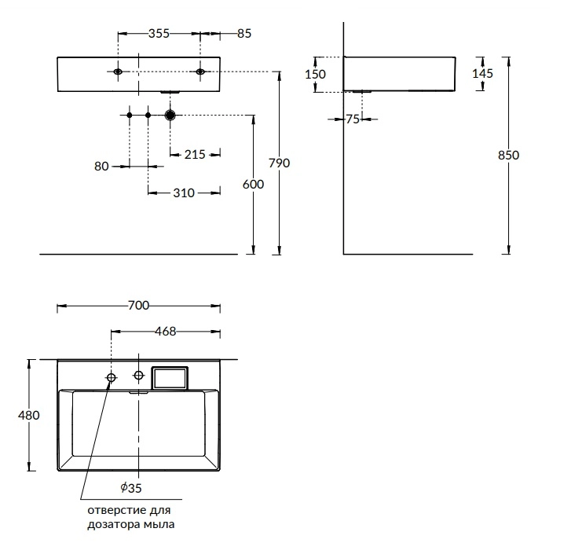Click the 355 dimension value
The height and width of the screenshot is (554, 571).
click(x=159, y=34)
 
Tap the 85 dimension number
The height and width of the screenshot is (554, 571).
click(x=244, y=34)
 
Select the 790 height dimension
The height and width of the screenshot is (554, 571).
click(x=280, y=163)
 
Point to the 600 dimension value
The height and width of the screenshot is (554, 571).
click(x=253, y=185)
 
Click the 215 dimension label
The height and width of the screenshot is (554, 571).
click(x=195, y=155)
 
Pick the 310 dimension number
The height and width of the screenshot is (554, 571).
click(x=184, y=193)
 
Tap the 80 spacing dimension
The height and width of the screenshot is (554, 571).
click(x=101, y=167)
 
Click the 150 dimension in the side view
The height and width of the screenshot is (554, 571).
click(x=316, y=75)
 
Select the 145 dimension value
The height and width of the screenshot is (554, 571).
click(x=482, y=74)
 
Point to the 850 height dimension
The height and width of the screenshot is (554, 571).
click(x=508, y=155)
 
